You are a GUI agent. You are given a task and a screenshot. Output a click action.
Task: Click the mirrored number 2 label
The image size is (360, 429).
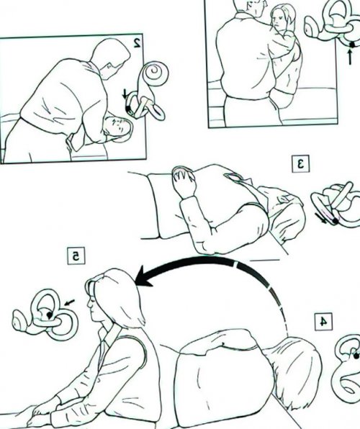click(137, 42)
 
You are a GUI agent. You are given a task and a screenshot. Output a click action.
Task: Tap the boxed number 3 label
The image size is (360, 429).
click(300, 163)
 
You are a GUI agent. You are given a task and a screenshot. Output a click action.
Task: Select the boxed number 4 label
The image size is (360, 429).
click(323, 322)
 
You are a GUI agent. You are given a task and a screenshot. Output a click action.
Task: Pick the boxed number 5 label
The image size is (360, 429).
click(76, 256)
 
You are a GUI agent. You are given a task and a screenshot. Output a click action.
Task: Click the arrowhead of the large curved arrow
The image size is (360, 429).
click(144, 276)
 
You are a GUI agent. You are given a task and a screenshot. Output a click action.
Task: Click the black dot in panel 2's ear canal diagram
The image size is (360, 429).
click(128, 109)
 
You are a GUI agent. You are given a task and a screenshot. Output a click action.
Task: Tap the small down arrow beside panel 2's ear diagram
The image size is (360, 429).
click(125, 94)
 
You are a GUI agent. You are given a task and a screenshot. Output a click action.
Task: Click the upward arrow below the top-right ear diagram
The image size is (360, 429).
click(350, 56)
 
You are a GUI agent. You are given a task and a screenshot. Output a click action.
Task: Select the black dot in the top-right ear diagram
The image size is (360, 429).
click(353, 43)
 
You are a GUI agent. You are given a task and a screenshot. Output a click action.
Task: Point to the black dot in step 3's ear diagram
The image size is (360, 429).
click(335, 220)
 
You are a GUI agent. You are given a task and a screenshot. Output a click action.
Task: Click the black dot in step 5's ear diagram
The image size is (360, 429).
click(49, 315)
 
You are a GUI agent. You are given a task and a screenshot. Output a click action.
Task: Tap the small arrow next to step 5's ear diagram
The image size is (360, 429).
click(69, 302)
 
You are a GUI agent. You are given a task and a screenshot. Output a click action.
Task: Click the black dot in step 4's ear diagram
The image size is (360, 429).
click(356, 356)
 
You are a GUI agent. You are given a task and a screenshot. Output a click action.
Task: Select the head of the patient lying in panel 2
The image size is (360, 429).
click(117, 129)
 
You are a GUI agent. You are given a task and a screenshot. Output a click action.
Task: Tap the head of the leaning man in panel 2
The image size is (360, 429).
click(110, 58)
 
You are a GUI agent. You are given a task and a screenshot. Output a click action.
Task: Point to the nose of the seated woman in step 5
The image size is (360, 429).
click(89, 304)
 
